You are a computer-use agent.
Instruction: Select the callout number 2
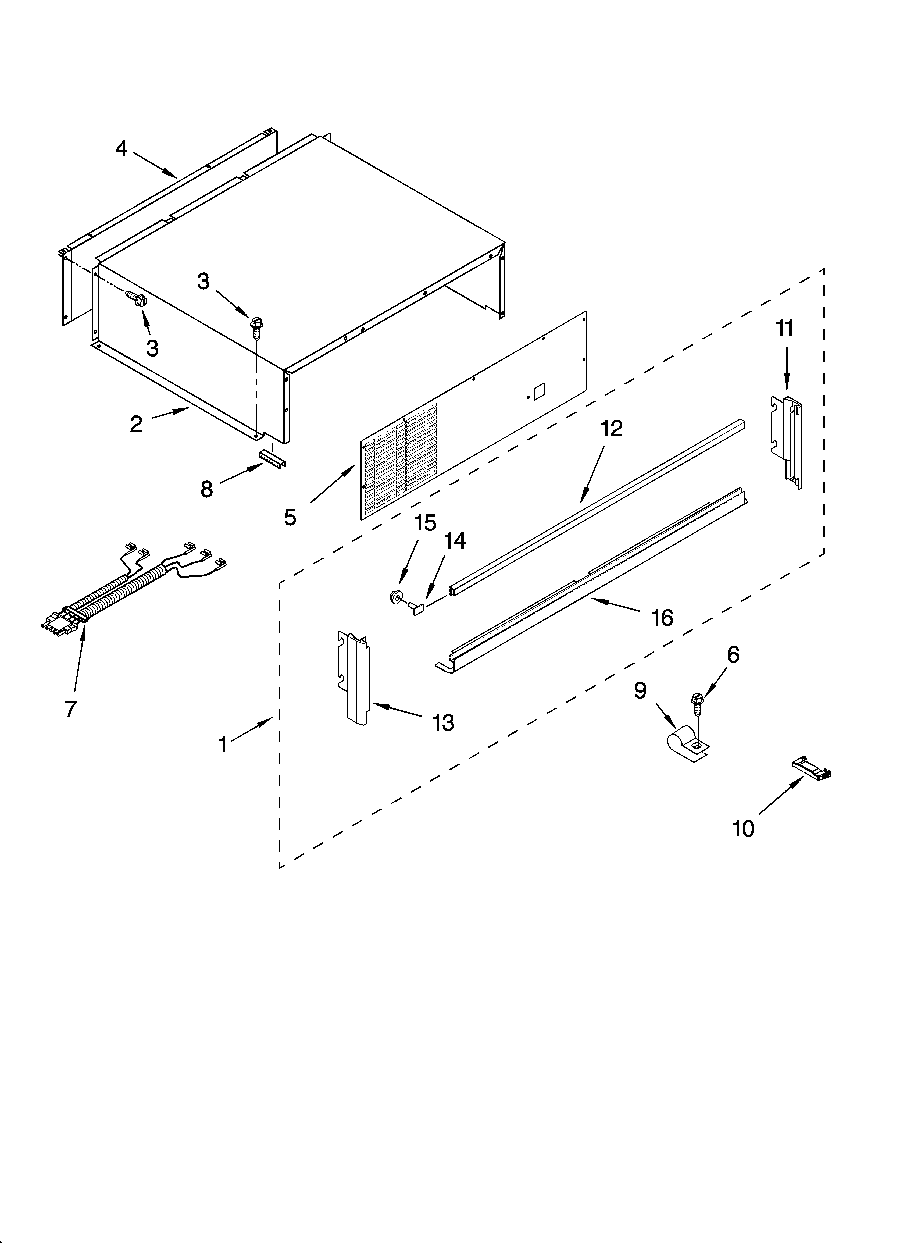click(x=136, y=424)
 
